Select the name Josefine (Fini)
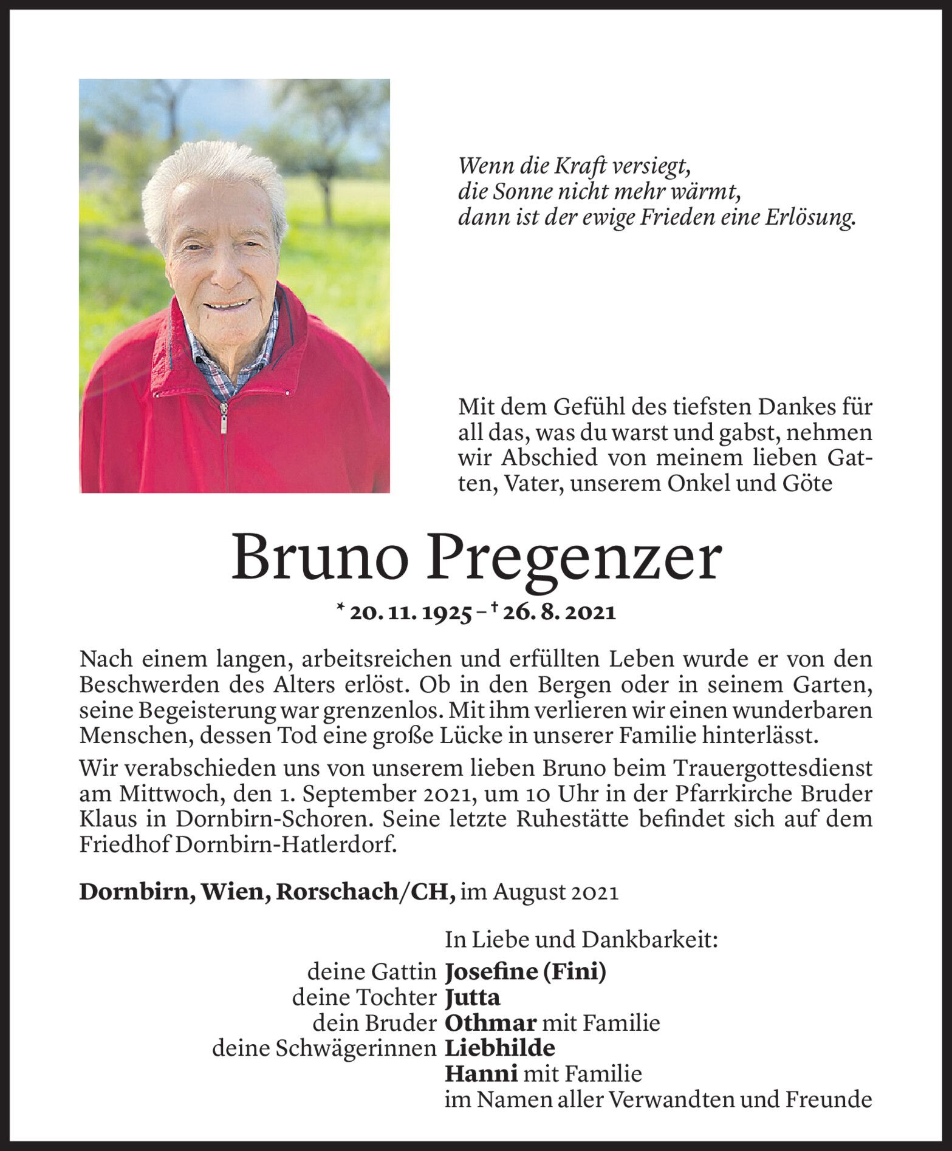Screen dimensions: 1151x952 (x=526, y=973)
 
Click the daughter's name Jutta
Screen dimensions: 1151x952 (x=473, y=998)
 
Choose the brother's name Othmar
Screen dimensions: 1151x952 (x=491, y=1024)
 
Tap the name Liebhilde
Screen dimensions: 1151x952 (x=500, y=1049)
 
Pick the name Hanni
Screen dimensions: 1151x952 (x=481, y=1075)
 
